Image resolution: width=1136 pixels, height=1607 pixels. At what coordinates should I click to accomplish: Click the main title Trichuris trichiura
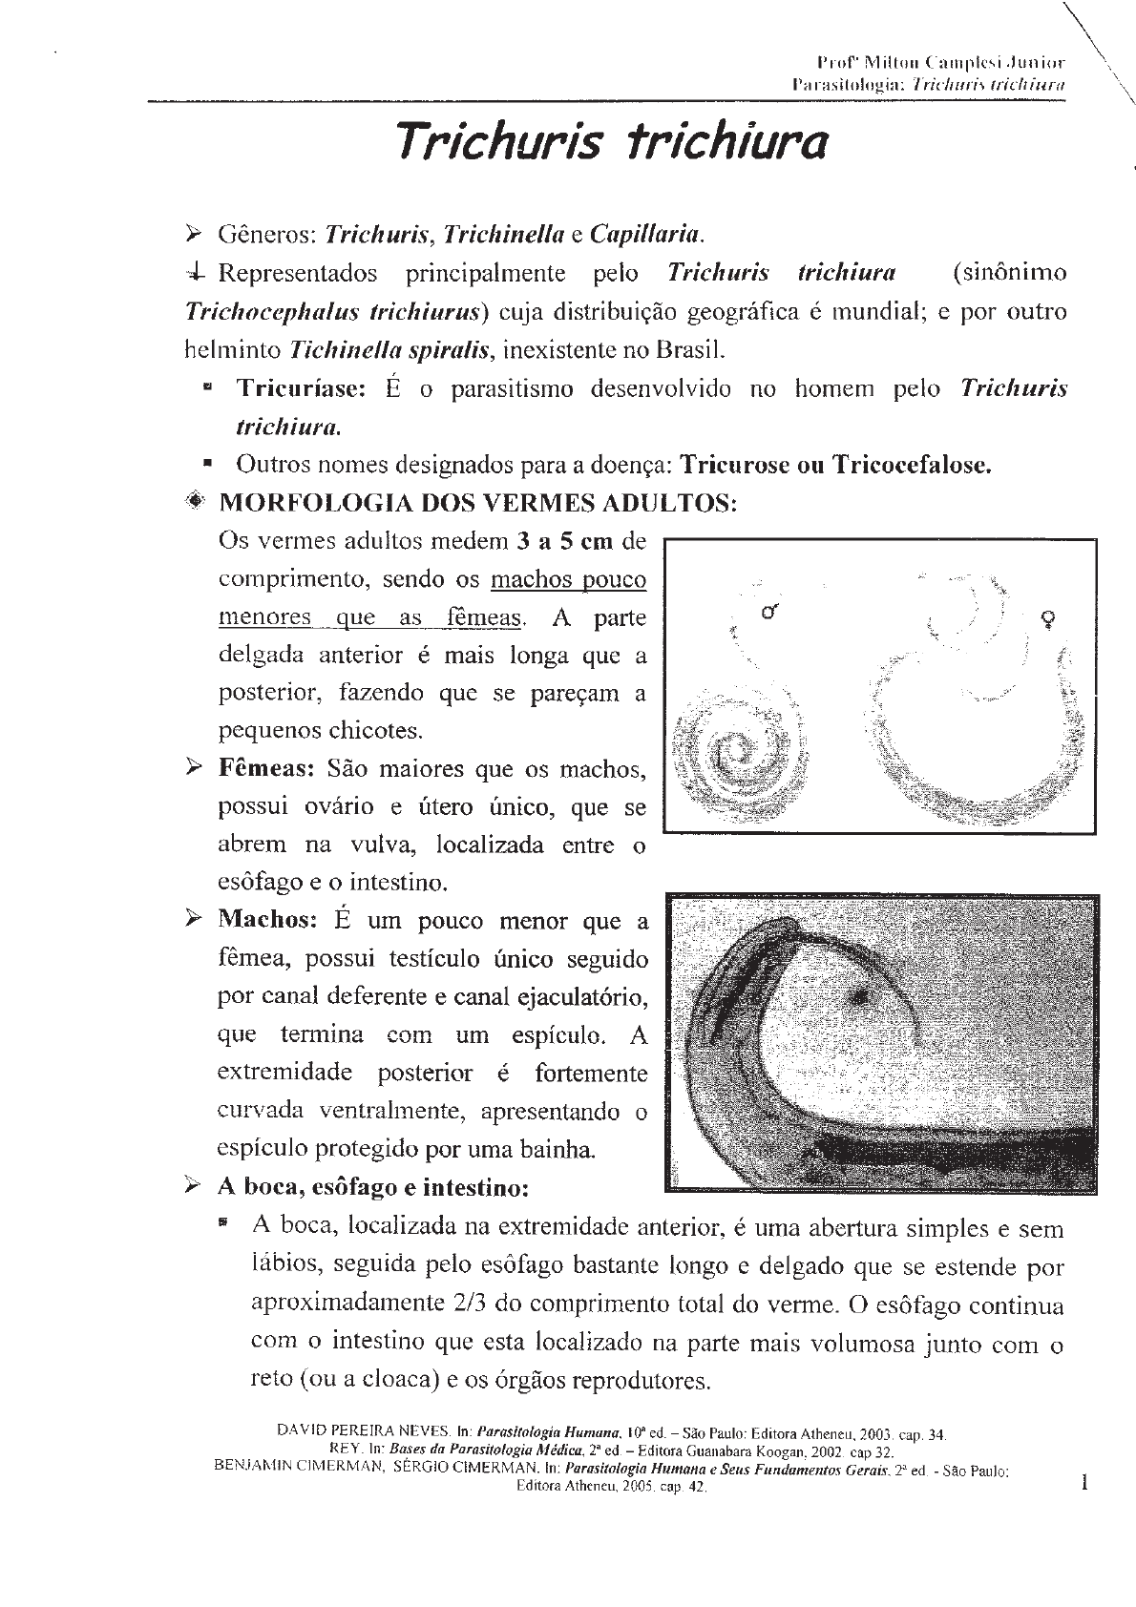pyautogui.click(x=611, y=142)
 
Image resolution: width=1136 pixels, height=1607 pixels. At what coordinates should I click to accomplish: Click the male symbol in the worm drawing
pyautogui.click(x=769, y=611)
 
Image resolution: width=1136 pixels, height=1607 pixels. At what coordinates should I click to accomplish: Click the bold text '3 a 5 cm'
pyautogui.click(x=564, y=542)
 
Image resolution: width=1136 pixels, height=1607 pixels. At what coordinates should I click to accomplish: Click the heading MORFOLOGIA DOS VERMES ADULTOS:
pyautogui.click(x=477, y=503)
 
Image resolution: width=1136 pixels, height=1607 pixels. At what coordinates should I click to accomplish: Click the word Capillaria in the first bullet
pyautogui.click(x=647, y=234)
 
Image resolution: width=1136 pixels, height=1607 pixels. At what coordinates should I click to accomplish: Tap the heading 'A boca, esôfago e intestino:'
pyautogui.click(x=373, y=1188)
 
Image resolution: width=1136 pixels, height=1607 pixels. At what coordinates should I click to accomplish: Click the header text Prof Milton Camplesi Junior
pyautogui.click(x=935, y=64)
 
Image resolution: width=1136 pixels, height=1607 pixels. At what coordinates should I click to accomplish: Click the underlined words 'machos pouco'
pyautogui.click(x=568, y=580)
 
